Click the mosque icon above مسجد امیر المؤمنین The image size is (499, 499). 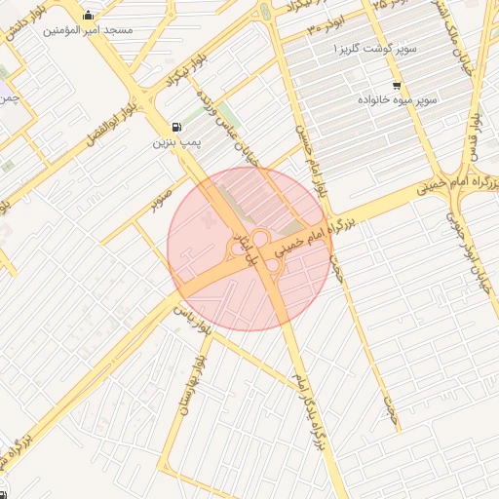click(90, 15)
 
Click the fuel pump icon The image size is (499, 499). click(175, 127)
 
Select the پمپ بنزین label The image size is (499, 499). click(175, 143)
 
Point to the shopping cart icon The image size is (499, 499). click(396, 85)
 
